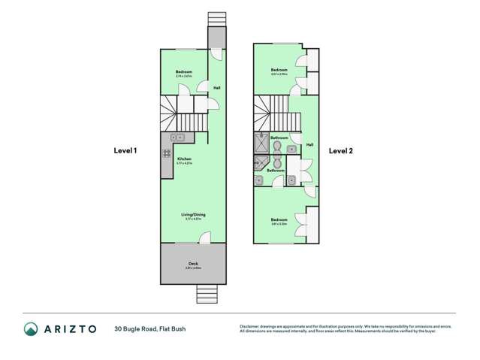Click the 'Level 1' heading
125,150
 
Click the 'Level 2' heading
340,150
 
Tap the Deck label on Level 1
193,264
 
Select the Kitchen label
185,159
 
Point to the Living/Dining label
193,215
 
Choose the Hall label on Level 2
309,144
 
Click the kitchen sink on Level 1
178,138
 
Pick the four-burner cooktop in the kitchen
166,153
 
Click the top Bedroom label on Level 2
279,71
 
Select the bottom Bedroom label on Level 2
279,220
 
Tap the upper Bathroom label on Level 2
279,138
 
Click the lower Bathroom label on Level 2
276,170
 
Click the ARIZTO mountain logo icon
31,328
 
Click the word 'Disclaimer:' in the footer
250,326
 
